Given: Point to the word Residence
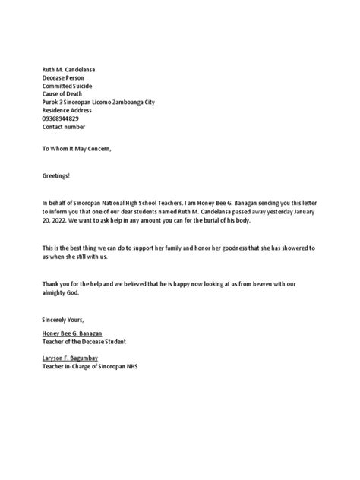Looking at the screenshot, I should (x=56, y=110).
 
